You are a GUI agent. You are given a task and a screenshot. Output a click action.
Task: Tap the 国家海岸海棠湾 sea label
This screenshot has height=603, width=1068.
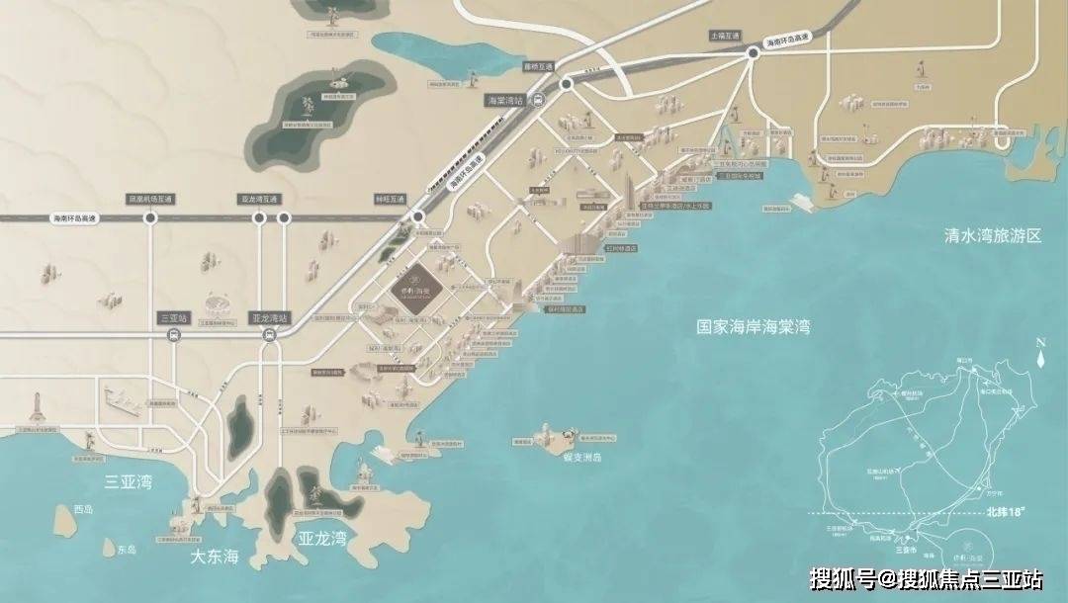click(x=753, y=326)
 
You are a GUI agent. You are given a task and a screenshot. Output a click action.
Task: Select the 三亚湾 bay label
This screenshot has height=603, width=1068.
click(x=128, y=482)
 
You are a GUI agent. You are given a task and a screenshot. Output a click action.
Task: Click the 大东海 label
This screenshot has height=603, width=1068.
click(x=215, y=558)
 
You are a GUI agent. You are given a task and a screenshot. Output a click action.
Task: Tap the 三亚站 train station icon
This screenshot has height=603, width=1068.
click(x=174, y=336)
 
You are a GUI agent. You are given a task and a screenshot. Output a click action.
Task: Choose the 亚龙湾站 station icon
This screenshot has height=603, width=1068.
click(x=269, y=336)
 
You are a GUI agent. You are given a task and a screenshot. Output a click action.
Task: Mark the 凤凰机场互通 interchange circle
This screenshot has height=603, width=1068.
click(x=151, y=217)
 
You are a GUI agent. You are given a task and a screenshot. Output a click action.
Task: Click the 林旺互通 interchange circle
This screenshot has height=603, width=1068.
click(x=419, y=216)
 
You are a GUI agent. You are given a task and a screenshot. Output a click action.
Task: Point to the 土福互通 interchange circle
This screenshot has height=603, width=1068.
click(x=753, y=55)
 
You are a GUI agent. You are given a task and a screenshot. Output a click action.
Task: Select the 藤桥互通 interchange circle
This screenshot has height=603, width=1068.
click(x=567, y=86)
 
